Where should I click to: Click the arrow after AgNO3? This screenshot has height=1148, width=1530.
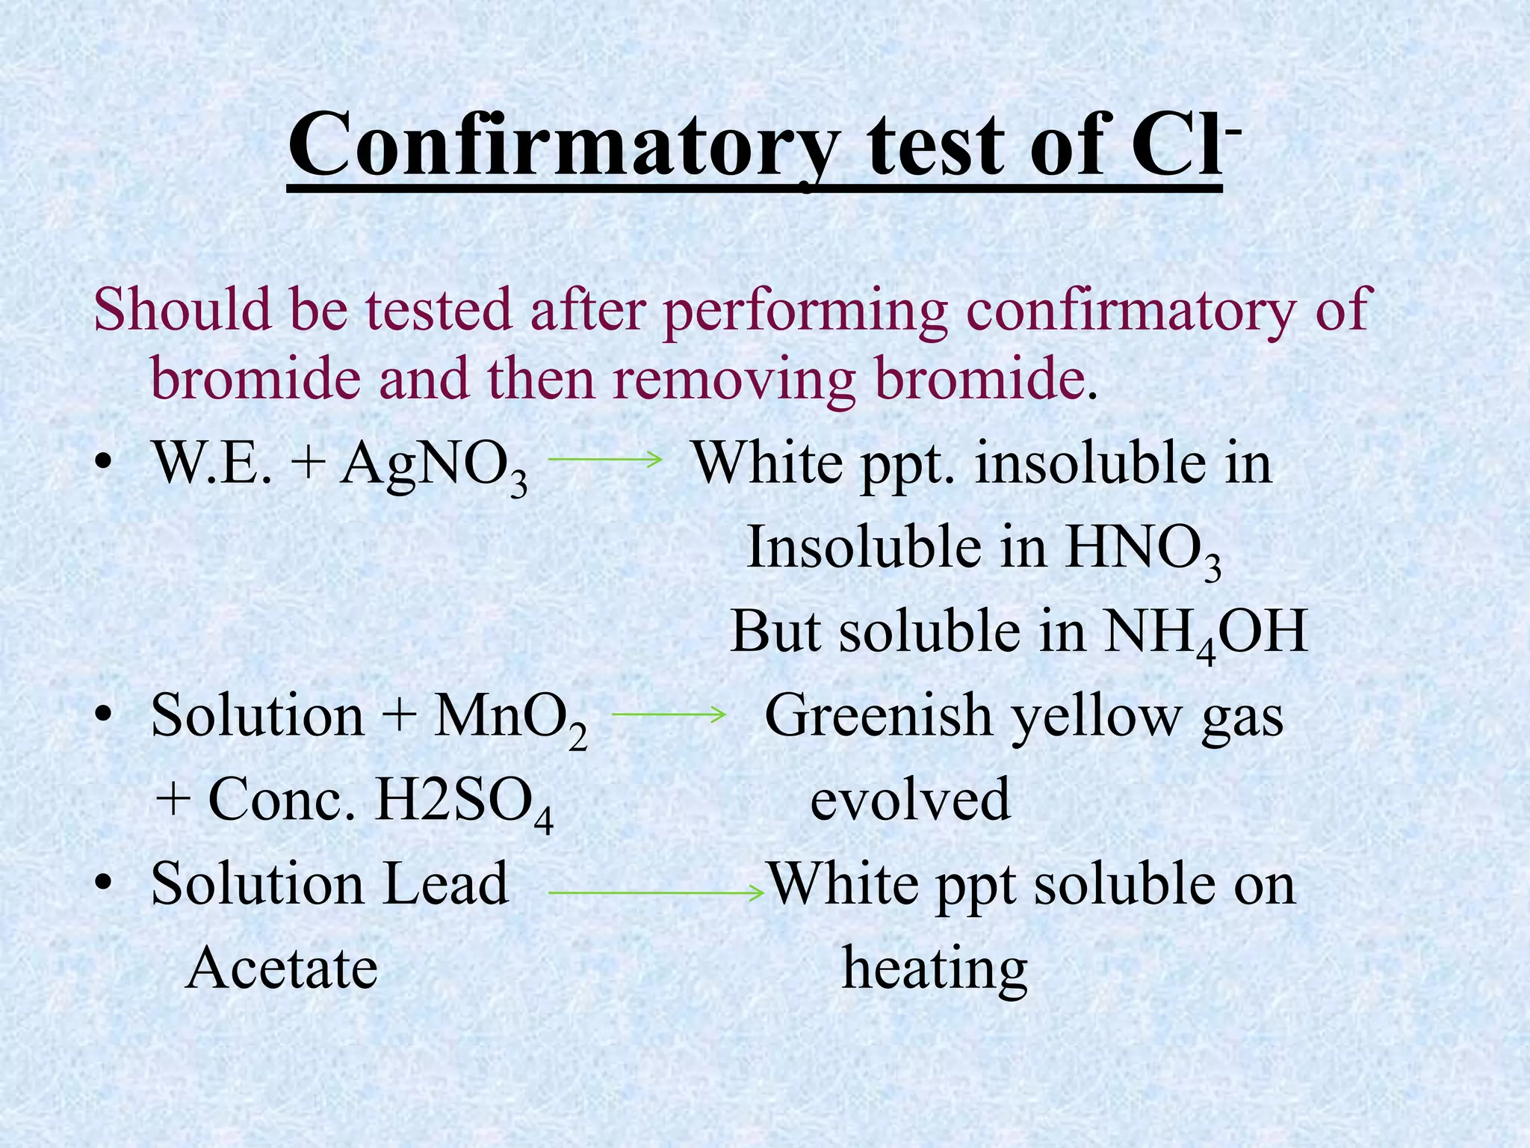pyautogui.click(x=605, y=459)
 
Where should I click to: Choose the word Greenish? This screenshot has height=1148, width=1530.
pyautogui.click(x=878, y=717)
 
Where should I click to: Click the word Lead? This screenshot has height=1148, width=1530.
pyautogui.click(x=445, y=884)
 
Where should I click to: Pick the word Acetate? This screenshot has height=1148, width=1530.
pyautogui.click(x=282, y=969)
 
